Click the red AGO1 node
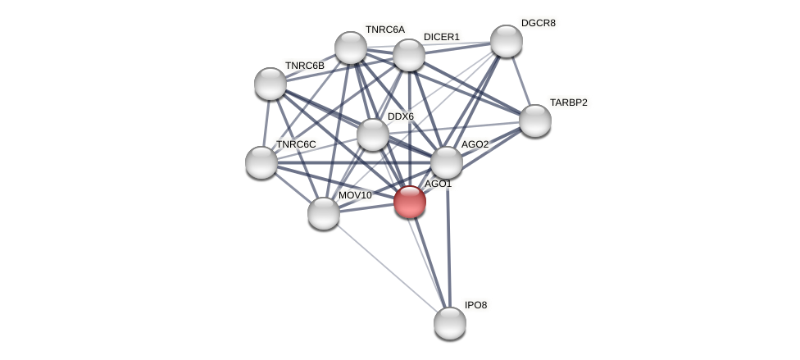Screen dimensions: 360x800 (409, 202)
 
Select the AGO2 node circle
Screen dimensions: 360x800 (447, 162)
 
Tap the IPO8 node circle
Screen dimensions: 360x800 (449, 323)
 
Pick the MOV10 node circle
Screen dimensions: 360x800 (324, 213)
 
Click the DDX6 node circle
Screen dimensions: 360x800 (372, 134)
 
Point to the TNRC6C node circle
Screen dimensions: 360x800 (261, 162)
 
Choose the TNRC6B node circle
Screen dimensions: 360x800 (270, 84)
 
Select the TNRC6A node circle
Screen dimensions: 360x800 (351, 48)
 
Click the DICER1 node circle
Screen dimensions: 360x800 (409, 55)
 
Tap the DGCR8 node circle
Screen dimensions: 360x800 (507, 41)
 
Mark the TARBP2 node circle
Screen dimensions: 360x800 (535, 121)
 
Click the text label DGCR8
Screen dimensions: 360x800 (538, 23)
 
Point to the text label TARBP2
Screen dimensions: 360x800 (568, 103)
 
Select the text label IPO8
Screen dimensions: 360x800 (475, 305)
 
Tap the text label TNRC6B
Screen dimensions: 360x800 (304, 66)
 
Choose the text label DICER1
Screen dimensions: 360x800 (441, 37)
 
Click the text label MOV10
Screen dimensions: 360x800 (354, 195)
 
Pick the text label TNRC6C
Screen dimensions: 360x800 (295, 144)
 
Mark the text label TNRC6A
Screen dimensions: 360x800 (384, 30)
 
